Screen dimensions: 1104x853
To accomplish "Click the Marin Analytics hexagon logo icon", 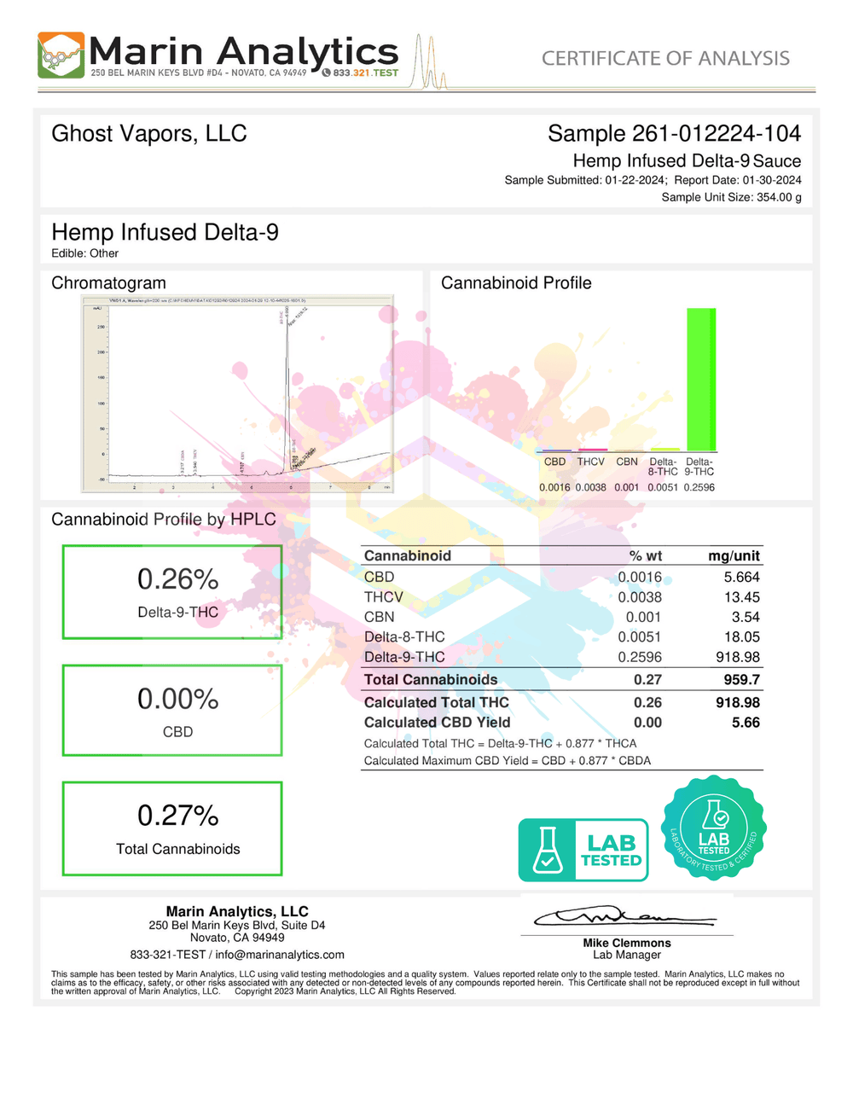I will coord(61,55).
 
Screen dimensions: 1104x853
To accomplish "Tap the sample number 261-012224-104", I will coord(716,134).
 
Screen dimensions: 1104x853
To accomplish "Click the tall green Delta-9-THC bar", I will coord(701,379).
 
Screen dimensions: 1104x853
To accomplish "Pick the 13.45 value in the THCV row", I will coord(741,597).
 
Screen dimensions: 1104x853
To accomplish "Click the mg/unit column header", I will coord(734,556).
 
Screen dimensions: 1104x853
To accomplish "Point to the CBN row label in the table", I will coord(380,617).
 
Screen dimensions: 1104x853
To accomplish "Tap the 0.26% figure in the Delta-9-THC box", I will coord(177,579).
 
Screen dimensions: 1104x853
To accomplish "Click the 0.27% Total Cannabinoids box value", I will coord(177,816).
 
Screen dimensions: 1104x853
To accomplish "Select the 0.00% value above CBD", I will coord(177,700).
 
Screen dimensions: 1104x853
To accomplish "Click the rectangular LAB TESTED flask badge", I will coord(583,851).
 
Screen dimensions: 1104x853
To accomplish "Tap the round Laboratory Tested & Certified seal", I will coord(714,828).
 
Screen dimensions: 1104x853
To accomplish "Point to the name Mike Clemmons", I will coord(627,943).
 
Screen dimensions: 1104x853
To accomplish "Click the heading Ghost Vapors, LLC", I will coord(149,134).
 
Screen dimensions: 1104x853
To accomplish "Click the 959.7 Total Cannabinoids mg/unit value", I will coord(741,680).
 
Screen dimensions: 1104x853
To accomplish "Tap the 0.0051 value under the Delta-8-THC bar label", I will coord(663,488).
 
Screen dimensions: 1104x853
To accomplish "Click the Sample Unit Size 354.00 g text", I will coord(731,197).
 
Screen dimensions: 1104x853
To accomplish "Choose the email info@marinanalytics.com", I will coord(280,955).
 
